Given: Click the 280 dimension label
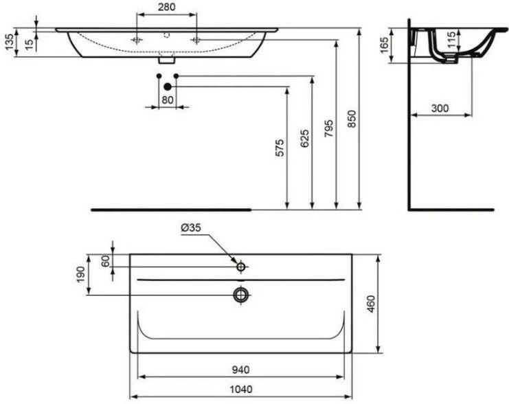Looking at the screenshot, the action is [166, 7].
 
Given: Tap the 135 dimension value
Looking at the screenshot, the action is [10, 42].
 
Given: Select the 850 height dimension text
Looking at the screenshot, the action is [352, 119].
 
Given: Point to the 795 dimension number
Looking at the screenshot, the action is [329, 128].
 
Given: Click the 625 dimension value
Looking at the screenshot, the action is [304, 138].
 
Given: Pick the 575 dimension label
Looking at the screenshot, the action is [280, 148].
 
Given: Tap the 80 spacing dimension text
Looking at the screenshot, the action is [168, 100].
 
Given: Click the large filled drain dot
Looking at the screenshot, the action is [168, 87].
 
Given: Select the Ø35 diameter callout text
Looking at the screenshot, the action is [191, 228].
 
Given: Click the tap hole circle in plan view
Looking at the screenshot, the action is [241, 267].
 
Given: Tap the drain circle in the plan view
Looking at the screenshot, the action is [241, 295].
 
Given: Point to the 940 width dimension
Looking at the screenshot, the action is [241, 370].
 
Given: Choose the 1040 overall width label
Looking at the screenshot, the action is [241, 389].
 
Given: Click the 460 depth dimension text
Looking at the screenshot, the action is [371, 304].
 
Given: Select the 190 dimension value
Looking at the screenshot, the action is [80, 274].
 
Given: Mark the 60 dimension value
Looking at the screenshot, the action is [106, 261].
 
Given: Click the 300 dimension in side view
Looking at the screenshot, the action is [440, 108].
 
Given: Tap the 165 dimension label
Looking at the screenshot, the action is [384, 45].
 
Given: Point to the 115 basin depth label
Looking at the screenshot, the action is [451, 40].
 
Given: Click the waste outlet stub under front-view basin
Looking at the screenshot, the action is [167, 60].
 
